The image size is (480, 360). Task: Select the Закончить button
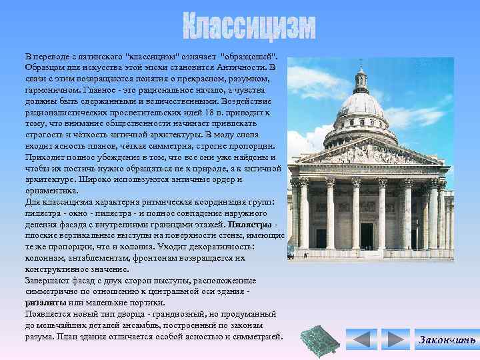(447, 340)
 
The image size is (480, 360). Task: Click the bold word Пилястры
(250, 225)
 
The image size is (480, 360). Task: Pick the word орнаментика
(51, 190)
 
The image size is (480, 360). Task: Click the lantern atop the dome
(361, 79)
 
